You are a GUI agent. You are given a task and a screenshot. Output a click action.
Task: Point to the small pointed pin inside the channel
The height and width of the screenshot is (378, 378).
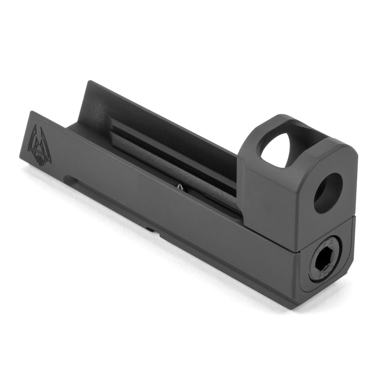click(x=179, y=186)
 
